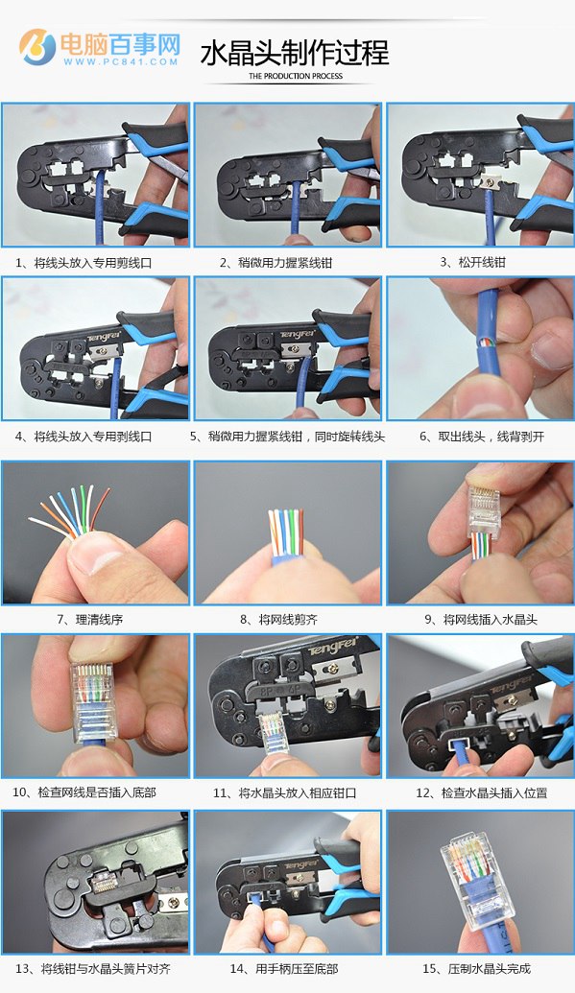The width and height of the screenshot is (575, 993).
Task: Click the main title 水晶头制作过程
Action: click(294, 53)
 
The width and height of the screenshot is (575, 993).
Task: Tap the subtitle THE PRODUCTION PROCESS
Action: click(296, 76)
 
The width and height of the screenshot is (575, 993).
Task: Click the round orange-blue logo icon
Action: click(37, 46)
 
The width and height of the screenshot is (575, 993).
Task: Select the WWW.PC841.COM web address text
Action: click(120, 61)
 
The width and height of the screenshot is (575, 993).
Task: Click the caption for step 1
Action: click(84, 263)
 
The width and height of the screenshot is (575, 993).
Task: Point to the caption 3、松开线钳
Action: click(473, 262)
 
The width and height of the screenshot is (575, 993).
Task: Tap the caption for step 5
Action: click(287, 437)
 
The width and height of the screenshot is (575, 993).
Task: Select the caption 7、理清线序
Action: click(90, 620)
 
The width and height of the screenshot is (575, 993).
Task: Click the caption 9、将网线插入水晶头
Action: click(481, 620)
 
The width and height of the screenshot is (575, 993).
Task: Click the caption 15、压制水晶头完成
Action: click(476, 968)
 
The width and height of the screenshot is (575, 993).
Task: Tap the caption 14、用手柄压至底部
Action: click(284, 968)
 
